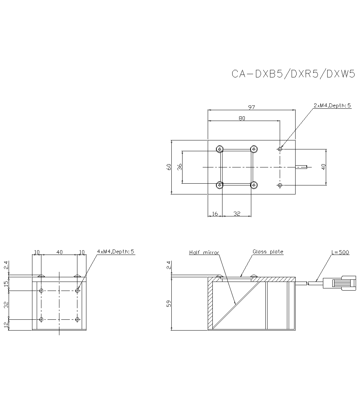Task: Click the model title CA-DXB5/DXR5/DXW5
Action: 293,74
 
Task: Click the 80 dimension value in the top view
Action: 242,118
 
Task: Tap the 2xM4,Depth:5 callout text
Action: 332,106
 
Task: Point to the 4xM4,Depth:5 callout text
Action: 116,252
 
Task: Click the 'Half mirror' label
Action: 204,252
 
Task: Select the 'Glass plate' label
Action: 268,252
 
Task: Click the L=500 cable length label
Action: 340,252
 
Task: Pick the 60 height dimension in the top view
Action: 168,167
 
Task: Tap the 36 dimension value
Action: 180,167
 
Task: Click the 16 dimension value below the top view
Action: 215,214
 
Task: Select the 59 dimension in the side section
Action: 168,304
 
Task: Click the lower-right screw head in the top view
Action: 255,185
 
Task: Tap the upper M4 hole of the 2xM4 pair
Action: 280,149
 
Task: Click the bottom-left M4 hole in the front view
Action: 41,319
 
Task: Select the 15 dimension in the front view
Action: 6,284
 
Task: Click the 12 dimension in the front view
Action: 6,325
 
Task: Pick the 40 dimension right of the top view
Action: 324,167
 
